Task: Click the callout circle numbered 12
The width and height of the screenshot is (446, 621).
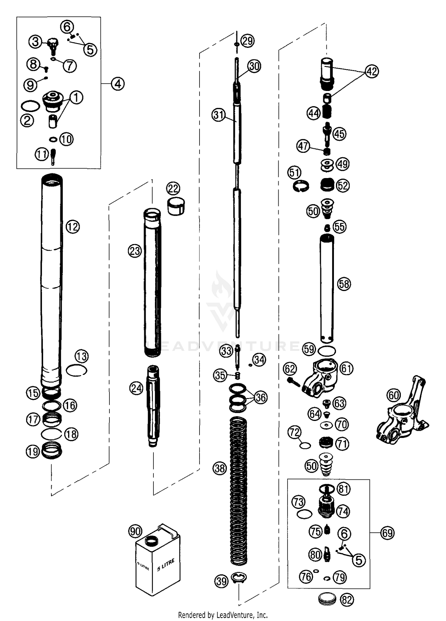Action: [73, 227]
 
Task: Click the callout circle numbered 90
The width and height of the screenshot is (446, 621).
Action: [135, 531]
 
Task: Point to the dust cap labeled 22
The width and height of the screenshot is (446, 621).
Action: [176, 206]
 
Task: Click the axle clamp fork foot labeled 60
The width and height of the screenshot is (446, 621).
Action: [401, 413]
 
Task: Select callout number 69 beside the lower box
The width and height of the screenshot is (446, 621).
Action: [387, 533]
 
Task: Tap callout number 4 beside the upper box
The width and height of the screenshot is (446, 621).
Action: [118, 84]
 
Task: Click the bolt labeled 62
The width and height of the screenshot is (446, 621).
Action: [294, 382]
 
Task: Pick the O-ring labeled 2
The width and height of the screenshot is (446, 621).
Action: [30, 106]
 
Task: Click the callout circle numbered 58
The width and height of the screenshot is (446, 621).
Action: [344, 284]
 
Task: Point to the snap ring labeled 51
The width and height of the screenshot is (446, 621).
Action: [300, 186]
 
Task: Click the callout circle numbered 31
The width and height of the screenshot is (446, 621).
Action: [219, 115]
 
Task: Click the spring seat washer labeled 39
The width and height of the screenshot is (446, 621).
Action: [239, 578]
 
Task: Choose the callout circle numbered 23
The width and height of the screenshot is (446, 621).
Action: [135, 251]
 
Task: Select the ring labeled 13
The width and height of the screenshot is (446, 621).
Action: [76, 371]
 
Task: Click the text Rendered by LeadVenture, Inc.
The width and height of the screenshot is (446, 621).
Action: [223, 614]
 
